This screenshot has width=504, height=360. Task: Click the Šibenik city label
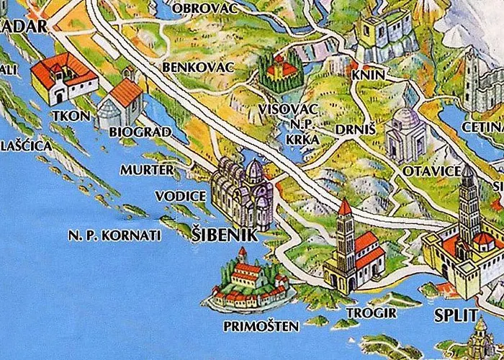point(222,235)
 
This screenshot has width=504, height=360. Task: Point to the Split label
point(456,315)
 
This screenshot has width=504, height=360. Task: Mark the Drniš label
point(351,130)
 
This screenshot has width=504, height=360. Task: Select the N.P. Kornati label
point(115,235)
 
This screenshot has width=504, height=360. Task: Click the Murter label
point(147,170)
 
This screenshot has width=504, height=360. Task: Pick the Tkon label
point(71,116)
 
